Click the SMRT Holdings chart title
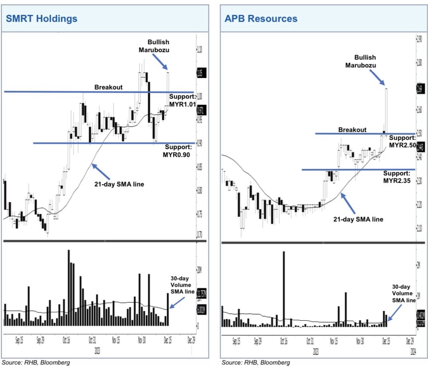pyautogui.click(x=41, y=18)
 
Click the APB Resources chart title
pyautogui.click(x=261, y=18)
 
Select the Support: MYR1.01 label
pyautogui.click(x=182, y=100)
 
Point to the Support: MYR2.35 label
pyautogui.click(x=397, y=176)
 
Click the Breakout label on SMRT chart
pyautogui.click(x=109, y=87)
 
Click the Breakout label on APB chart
pyautogui.click(x=352, y=130)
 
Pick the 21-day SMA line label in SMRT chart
pyautogui.click(x=119, y=184)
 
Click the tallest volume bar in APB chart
pyautogui.click(x=284, y=289)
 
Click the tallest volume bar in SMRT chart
pyautogui.click(x=68, y=287)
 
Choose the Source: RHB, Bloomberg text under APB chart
pyautogui.click(x=255, y=362)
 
